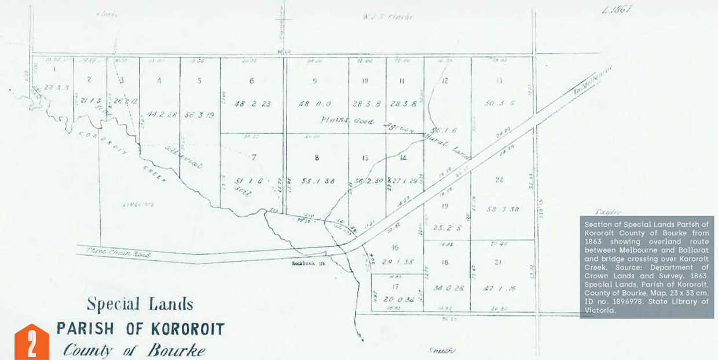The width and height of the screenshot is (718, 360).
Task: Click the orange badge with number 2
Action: tap(31, 343)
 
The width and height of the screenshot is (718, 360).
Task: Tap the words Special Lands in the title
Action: tap(140, 304)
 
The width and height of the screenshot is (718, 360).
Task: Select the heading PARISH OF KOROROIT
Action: tap(140, 329)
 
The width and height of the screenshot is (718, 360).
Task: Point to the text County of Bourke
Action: tap(134, 350)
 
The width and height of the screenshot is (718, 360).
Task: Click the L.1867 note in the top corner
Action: tap(616, 9)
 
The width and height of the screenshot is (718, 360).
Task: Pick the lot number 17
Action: tap(395, 286)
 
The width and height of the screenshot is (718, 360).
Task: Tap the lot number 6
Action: tap(251, 81)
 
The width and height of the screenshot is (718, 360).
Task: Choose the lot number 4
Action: tap(159, 81)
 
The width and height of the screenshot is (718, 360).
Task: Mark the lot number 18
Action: tap(445, 262)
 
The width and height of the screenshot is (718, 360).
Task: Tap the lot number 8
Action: tap(316, 157)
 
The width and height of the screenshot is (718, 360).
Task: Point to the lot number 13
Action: tap(499, 81)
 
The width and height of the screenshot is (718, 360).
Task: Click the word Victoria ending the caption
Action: tap(600, 310)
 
